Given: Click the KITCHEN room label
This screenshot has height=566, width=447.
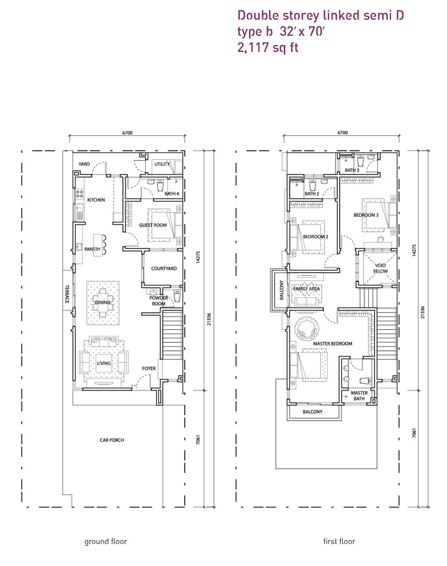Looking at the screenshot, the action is [96, 200].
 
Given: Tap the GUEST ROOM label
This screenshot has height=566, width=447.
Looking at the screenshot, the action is [153, 225].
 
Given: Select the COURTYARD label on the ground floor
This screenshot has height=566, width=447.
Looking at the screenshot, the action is [164, 268].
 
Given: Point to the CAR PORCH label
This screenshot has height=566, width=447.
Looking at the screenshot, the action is [112, 440].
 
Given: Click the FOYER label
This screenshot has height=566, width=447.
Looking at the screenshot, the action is [149, 368].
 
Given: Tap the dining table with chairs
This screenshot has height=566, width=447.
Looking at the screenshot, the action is [103, 303].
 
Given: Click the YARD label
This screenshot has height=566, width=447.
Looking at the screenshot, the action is [84, 164].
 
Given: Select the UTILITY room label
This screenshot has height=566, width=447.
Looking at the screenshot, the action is [162, 164].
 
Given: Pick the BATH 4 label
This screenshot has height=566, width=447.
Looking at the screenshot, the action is [172, 193].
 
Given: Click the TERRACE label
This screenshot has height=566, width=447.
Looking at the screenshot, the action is [66, 294].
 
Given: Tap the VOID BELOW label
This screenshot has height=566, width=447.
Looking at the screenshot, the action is [380, 268].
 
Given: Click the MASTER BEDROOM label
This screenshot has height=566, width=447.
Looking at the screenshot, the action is [332, 344].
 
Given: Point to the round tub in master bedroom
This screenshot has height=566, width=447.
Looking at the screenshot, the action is [307, 329].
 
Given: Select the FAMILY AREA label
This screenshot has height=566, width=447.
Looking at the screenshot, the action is [306, 289].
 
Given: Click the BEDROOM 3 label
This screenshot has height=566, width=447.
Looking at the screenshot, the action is [366, 215].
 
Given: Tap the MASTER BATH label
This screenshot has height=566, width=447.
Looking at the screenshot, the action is [359, 396].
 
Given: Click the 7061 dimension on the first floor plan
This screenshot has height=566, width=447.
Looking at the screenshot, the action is [414, 433].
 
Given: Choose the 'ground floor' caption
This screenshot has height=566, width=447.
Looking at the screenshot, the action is [106, 541].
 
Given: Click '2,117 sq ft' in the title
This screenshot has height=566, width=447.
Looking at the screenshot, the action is [268, 47].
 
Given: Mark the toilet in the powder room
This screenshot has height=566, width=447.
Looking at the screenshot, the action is [177, 295].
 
